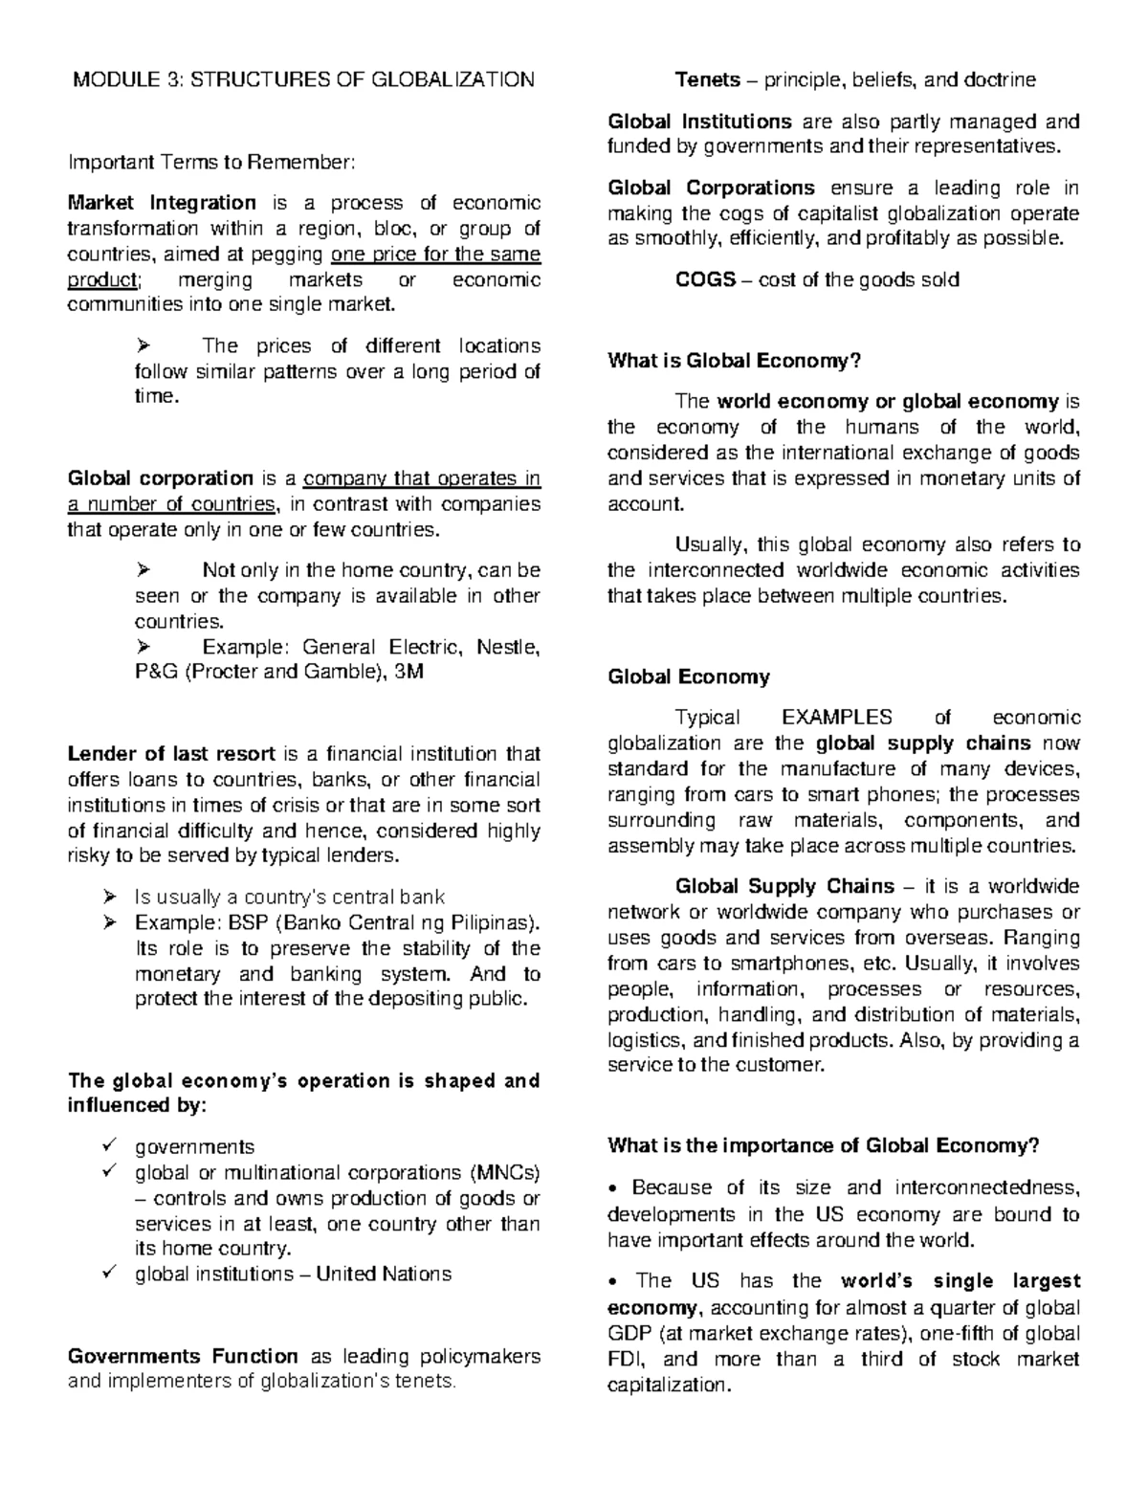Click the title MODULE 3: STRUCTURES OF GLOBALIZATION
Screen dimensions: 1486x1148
point(304,79)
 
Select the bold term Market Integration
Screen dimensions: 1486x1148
point(162,202)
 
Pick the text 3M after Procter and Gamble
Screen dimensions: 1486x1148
point(408,672)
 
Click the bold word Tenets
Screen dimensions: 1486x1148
point(707,79)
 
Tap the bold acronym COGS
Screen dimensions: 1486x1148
point(705,279)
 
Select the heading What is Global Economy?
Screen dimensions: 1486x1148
point(735,361)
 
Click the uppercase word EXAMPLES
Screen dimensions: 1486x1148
point(837,717)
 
